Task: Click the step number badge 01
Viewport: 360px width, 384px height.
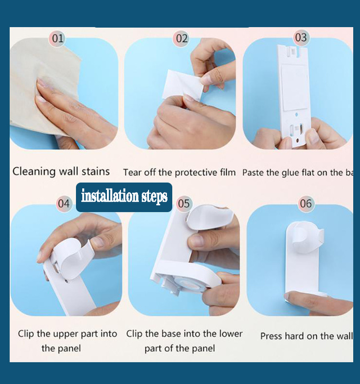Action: point(57,39)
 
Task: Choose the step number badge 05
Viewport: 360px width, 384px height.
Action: point(183,203)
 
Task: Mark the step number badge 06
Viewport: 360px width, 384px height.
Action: point(306,203)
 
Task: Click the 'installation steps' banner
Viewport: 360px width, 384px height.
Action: point(124,197)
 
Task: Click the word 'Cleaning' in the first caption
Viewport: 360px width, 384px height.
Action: point(34,171)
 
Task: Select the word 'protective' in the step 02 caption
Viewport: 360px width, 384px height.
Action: point(183,172)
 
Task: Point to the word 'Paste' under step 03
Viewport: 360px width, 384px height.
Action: point(254,172)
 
